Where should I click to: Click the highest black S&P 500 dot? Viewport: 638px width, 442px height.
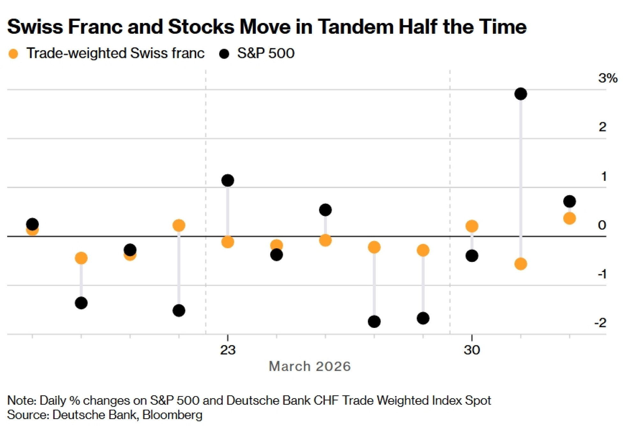(521, 94)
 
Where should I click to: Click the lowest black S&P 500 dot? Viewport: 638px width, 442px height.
(374, 321)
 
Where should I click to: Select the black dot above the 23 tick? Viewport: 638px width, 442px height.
(227, 180)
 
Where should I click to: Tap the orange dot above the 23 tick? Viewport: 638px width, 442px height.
(227, 242)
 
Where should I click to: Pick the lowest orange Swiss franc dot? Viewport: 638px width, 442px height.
(521, 264)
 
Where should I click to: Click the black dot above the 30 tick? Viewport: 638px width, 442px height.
(472, 256)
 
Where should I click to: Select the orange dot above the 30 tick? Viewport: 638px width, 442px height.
(472, 226)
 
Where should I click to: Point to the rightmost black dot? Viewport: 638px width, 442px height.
(569, 201)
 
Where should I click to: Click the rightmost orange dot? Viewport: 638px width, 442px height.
(569, 218)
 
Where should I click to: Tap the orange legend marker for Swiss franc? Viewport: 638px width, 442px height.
(13, 54)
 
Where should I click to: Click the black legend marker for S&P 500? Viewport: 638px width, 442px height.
(224, 54)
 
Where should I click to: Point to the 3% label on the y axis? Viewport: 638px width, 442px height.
(608, 78)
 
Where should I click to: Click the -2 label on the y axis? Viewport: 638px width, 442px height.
(600, 323)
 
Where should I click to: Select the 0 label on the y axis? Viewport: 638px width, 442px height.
(602, 225)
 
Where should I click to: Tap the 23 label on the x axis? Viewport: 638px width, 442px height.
(228, 350)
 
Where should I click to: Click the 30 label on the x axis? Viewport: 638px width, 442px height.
(472, 350)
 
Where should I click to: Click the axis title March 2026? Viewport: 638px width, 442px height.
(310, 366)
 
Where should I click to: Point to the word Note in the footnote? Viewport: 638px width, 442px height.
(21, 400)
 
